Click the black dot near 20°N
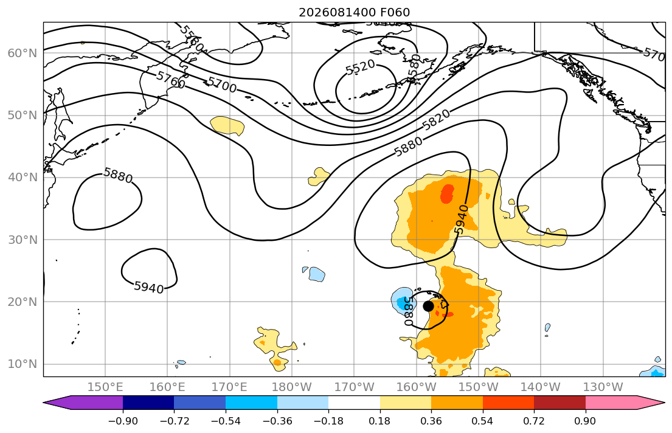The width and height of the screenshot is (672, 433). pyautogui.click(x=428, y=306)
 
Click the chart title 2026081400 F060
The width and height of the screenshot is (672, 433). pyautogui.click(x=354, y=12)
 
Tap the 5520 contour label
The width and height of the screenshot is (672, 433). pyautogui.click(x=361, y=68)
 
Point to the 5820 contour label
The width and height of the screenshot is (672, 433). pyautogui.click(x=436, y=120)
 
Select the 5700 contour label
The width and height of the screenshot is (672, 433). pyautogui.click(x=221, y=85)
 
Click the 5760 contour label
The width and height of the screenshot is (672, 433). pyautogui.click(x=170, y=80)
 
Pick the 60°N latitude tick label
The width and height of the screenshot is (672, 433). pyautogui.click(x=23, y=53)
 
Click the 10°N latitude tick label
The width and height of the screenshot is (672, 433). pyautogui.click(x=23, y=364)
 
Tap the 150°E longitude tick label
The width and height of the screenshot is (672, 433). pyautogui.click(x=105, y=387)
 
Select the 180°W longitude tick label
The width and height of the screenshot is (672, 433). pyautogui.click(x=292, y=387)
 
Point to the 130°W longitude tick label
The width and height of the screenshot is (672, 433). pyautogui.click(x=603, y=387)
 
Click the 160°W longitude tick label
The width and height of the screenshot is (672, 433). pyautogui.click(x=416, y=387)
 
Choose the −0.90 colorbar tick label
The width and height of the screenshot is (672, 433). pyautogui.click(x=123, y=421)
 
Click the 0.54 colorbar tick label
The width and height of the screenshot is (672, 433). pyautogui.click(x=483, y=421)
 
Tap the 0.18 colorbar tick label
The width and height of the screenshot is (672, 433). pyautogui.click(x=379, y=421)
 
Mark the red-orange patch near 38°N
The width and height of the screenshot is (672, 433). pyautogui.click(x=448, y=193)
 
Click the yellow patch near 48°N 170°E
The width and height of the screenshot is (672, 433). pyautogui.click(x=227, y=126)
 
